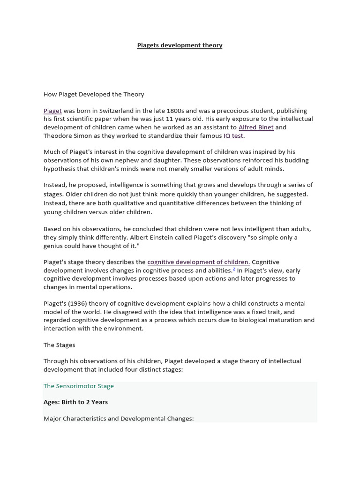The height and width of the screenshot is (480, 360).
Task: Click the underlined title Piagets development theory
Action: (x=180, y=45)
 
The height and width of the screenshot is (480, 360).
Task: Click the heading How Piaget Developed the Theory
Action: (x=94, y=94)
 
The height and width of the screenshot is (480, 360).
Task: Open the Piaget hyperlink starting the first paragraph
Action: (x=52, y=111)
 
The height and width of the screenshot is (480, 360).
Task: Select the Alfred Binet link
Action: (x=256, y=127)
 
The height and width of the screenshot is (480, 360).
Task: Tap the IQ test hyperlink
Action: (x=233, y=135)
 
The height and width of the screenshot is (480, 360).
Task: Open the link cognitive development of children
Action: (x=199, y=262)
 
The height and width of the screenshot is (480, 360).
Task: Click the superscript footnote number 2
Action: (x=234, y=270)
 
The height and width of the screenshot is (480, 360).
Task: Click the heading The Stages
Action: (x=60, y=345)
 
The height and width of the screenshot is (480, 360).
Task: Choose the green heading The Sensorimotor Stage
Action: (x=79, y=386)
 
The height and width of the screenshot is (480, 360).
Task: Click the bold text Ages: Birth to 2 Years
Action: (x=76, y=402)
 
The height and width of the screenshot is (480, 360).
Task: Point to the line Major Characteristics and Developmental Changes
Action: (x=119, y=418)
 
